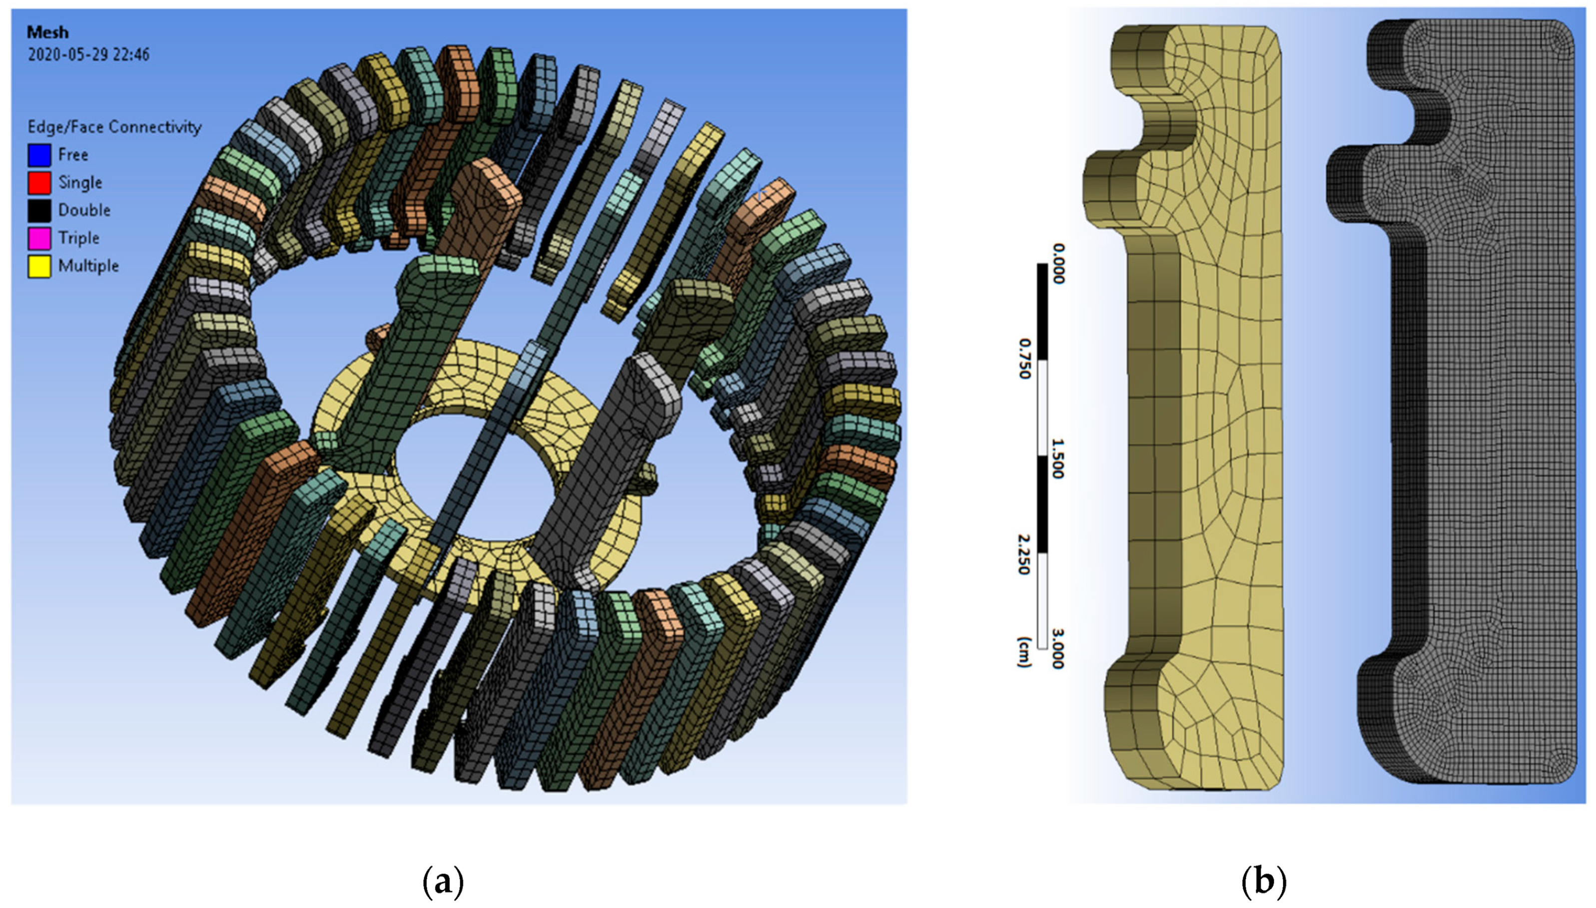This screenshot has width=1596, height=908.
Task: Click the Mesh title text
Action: (47, 32)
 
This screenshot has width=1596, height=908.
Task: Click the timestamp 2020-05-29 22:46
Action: (88, 55)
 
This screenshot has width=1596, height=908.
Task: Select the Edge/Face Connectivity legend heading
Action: (114, 127)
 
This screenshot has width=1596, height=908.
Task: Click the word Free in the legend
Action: (73, 155)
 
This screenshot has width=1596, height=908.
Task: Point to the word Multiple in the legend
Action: (88, 266)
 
